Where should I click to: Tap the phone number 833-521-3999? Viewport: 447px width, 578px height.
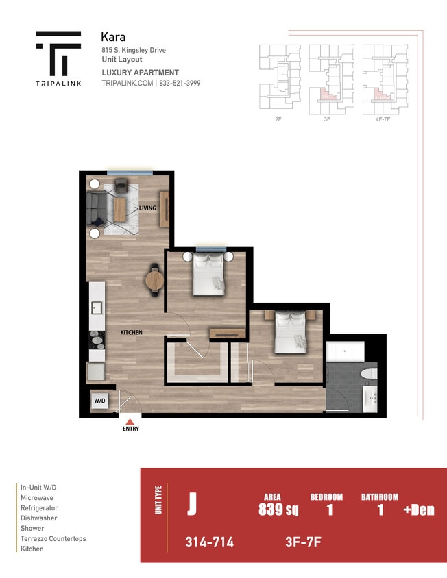181,83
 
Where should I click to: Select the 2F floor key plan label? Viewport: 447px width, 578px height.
278,118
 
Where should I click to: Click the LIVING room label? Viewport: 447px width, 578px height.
147,208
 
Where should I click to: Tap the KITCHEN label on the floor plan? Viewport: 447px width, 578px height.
132,332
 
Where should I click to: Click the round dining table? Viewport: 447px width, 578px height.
154,279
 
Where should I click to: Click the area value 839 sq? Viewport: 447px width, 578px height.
278,510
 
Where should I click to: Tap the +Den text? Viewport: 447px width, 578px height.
418,510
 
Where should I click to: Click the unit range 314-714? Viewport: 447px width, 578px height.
209,542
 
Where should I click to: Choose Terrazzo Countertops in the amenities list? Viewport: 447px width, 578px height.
53,539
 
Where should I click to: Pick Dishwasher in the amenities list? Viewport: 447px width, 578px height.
39,518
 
